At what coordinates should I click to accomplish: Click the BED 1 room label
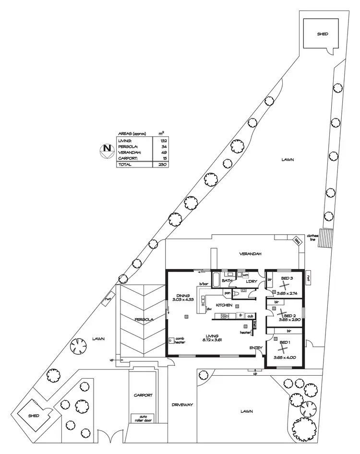tap(285, 342)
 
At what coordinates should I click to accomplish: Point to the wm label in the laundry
tap(245, 275)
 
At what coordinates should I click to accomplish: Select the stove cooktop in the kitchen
tap(224, 315)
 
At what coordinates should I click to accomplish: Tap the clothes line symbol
tap(326, 237)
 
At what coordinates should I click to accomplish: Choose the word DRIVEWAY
tap(182, 405)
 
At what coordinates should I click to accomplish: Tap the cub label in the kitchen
tap(250, 316)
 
